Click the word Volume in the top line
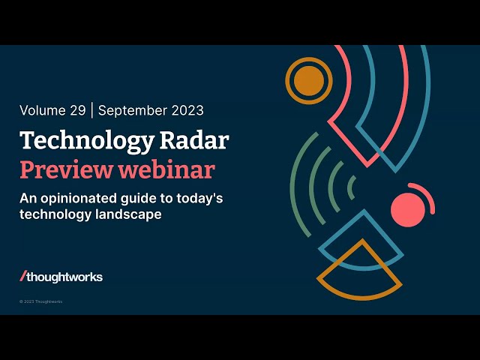click(x=43, y=110)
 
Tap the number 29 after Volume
click(x=78, y=110)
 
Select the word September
click(x=133, y=111)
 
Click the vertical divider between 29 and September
click(x=91, y=110)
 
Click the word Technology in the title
click(x=87, y=142)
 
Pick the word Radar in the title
click(x=194, y=140)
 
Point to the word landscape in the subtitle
click(x=128, y=214)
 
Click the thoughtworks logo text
click(x=64, y=277)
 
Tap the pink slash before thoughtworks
click(x=23, y=276)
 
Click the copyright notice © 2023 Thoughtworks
click(x=40, y=301)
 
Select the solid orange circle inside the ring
click(x=309, y=81)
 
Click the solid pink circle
click(x=408, y=210)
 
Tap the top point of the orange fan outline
click(x=363, y=240)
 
